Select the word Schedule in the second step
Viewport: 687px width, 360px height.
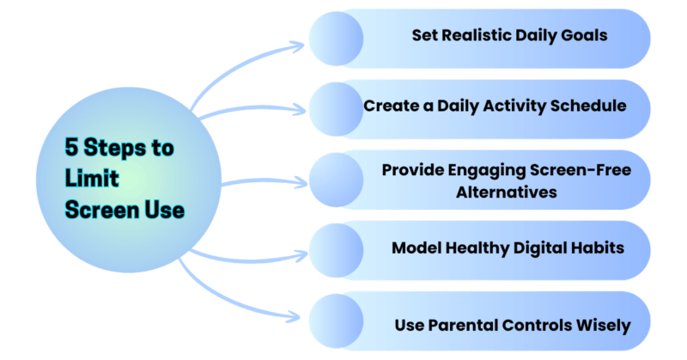click(x=588, y=106)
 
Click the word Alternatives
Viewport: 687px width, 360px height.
click(x=507, y=192)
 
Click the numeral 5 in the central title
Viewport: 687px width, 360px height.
click(x=72, y=147)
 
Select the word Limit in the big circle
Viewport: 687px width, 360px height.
click(x=92, y=179)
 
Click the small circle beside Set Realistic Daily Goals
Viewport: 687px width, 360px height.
click(x=336, y=39)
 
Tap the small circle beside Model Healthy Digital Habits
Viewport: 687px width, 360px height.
click(x=336, y=250)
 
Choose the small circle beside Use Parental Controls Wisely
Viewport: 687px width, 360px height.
click(x=336, y=321)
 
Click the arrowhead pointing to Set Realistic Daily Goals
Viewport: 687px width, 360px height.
click(x=299, y=46)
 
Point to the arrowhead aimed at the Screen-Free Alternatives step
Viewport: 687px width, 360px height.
click(x=301, y=182)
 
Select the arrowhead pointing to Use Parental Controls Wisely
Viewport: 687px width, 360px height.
click(x=295, y=316)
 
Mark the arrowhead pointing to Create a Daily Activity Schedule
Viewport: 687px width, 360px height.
click(x=300, y=109)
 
